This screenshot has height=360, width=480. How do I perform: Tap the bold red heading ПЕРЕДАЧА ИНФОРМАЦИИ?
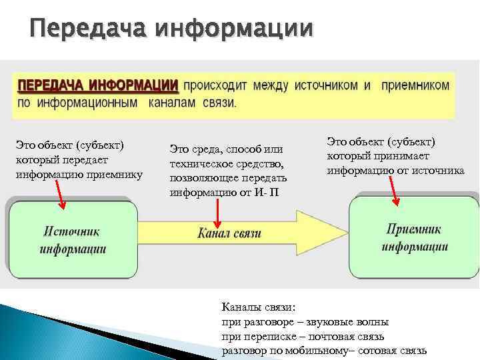click(97, 86)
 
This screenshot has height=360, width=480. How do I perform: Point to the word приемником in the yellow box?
click(415, 86)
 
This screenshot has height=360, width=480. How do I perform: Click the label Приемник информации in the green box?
click(414, 238)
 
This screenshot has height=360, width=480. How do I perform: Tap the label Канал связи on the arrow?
click(229, 233)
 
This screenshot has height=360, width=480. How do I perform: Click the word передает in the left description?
click(86, 160)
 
